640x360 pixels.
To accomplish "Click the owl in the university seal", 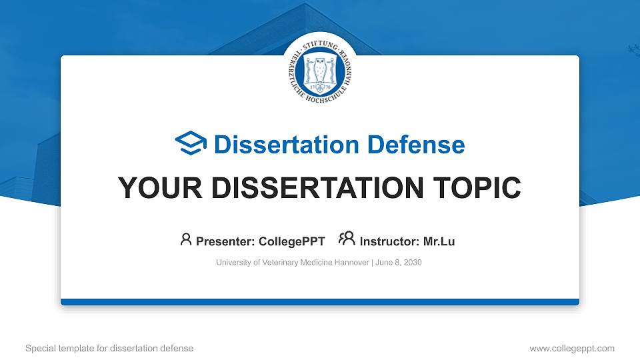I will [x=320, y=69].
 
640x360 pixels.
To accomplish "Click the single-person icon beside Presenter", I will [x=186, y=239].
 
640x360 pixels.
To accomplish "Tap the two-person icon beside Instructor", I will [x=347, y=239].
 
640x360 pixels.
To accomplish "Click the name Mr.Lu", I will [x=439, y=241].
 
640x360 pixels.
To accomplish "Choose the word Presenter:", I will [x=227, y=241].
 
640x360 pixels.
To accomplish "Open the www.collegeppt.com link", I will [x=572, y=348].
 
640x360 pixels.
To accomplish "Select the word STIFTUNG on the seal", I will [x=320, y=42].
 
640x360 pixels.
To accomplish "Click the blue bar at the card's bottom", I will [x=320, y=302].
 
